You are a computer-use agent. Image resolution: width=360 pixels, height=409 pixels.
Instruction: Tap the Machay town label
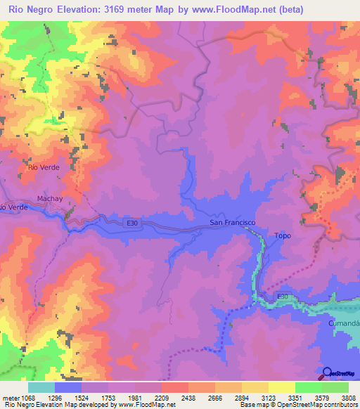pos(50,199)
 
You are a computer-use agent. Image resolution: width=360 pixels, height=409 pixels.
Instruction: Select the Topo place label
pos(282,235)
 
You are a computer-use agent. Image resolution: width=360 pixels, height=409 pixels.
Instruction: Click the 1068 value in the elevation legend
pos(28,398)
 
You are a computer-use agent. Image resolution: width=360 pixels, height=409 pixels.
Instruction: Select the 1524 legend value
pos(82,398)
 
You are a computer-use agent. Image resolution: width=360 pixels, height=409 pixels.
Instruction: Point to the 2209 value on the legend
pos(162,398)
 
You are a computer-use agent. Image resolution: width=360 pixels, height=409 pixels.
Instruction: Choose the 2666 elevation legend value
pos(214,398)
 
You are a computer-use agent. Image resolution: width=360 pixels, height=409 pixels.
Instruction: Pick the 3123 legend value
pos(268,398)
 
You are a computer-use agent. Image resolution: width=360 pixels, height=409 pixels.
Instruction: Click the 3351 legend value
pos(295,398)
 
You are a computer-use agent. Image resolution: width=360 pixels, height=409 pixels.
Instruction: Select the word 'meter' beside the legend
pos(11,398)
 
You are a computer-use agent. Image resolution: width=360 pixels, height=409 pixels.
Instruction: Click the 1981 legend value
pos(135,398)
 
